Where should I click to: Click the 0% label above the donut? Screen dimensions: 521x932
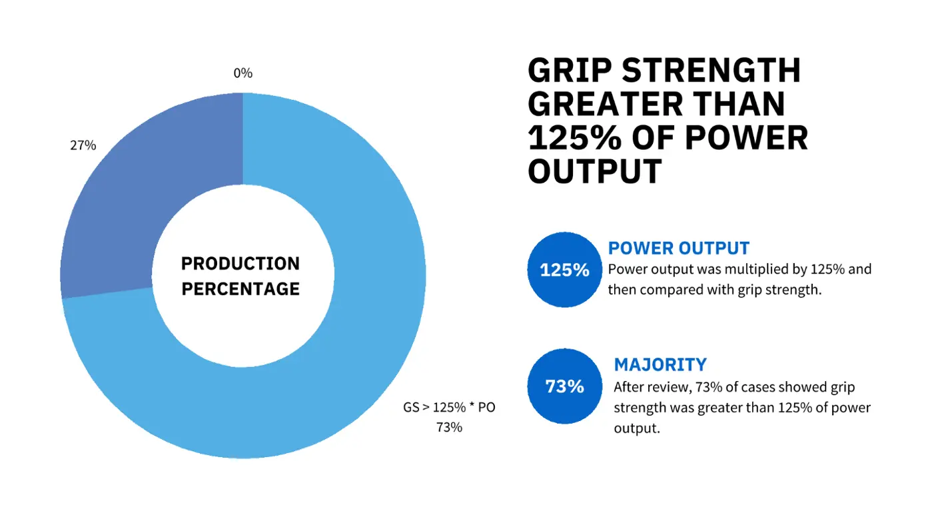click(x=242, y=73)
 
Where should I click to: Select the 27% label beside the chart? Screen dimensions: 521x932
click(x=83, y=145)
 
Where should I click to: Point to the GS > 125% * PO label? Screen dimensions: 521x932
click(x=449, y=408)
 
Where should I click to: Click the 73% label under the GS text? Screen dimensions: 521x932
click(x=449, y=428)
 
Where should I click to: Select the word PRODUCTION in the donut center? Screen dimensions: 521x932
click(x=240, y=264)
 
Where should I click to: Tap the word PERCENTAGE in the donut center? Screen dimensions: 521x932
click(x=240, y=289)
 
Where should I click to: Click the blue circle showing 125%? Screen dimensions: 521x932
click(x=564, y=270)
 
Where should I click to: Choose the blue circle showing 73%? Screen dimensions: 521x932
click(x=564, y=386)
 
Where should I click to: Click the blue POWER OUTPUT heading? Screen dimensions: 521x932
click(x=678, y=249)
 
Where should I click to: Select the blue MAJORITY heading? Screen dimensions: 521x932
click(x=660, y=364)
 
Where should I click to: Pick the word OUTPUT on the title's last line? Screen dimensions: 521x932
click(x=594, y=172)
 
